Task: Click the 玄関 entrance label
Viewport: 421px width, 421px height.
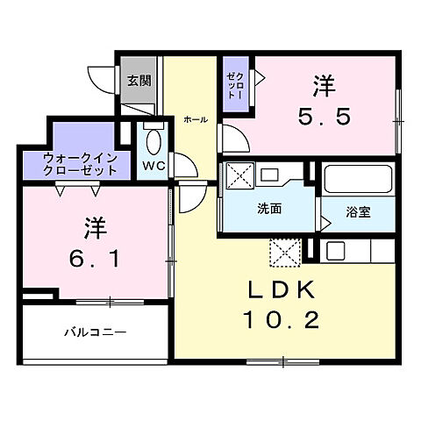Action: (138, 82)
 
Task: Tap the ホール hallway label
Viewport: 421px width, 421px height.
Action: (195, 120)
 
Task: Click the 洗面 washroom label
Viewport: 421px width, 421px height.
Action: (268, 210)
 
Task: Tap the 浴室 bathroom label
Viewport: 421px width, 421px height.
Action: (357, 211)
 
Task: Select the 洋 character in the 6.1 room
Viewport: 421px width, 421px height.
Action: (94, 230)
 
